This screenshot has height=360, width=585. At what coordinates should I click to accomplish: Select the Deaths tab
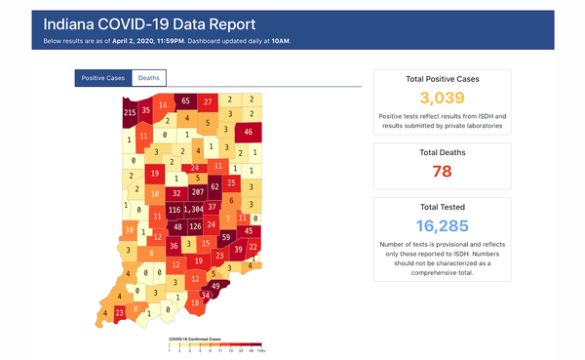149,77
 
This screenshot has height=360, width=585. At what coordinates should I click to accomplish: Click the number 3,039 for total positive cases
442,98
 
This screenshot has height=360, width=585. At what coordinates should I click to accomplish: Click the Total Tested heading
442,208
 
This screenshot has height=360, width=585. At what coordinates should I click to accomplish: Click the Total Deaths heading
442,153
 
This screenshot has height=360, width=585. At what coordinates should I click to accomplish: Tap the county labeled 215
129,113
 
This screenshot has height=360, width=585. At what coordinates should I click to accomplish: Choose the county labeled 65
185,101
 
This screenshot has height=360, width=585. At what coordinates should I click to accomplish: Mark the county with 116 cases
175,210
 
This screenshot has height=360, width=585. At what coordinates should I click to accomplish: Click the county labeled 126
195,227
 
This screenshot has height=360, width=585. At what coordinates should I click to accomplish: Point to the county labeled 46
249,132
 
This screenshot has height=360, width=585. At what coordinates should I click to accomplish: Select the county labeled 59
225,237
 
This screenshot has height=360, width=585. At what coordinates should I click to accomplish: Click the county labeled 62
215,185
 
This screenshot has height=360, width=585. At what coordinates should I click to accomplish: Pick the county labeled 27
208,101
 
